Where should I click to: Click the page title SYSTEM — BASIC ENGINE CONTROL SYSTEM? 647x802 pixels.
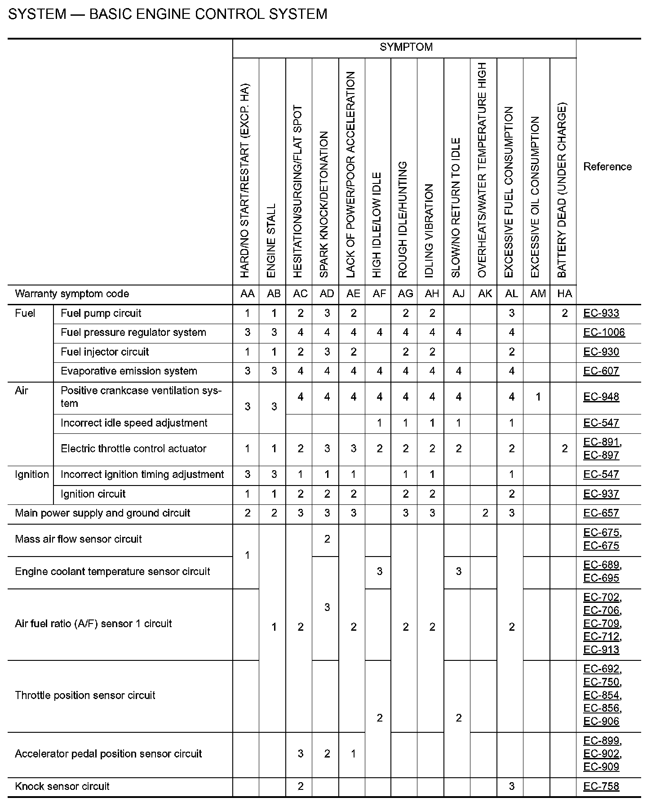(x=168, y=14)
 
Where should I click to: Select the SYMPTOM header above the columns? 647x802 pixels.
(x=406, y=47)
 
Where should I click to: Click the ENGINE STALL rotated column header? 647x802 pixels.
(x=271, y=241)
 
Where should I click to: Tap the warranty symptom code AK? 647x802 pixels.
(x=485, y=294)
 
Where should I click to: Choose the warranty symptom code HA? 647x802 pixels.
(x=564, y=294)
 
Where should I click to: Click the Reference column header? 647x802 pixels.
(x=607, y=167)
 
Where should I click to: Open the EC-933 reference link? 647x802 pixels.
(x=601, y=313)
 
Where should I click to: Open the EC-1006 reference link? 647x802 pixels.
(x=604, y=333)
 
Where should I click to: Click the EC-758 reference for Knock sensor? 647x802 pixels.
(x=601, y=786)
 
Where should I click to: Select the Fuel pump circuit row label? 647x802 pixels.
(x=101, y=313)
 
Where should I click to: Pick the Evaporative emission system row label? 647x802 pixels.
(x=129, y=371)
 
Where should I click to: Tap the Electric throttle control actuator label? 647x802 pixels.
(x=133, y=449)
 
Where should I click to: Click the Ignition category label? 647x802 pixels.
(x=31, y=475)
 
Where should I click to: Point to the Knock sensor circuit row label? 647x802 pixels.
(x=62, y=786)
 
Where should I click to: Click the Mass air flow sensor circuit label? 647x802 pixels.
(x=78, y=539)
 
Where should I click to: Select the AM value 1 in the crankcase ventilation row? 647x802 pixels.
(x=538, y=397)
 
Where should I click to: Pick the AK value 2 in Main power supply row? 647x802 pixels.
(x=485, y=513)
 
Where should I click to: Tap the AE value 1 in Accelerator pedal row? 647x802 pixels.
(x=353, y=754)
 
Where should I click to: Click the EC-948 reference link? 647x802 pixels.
(x=601, y=397)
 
